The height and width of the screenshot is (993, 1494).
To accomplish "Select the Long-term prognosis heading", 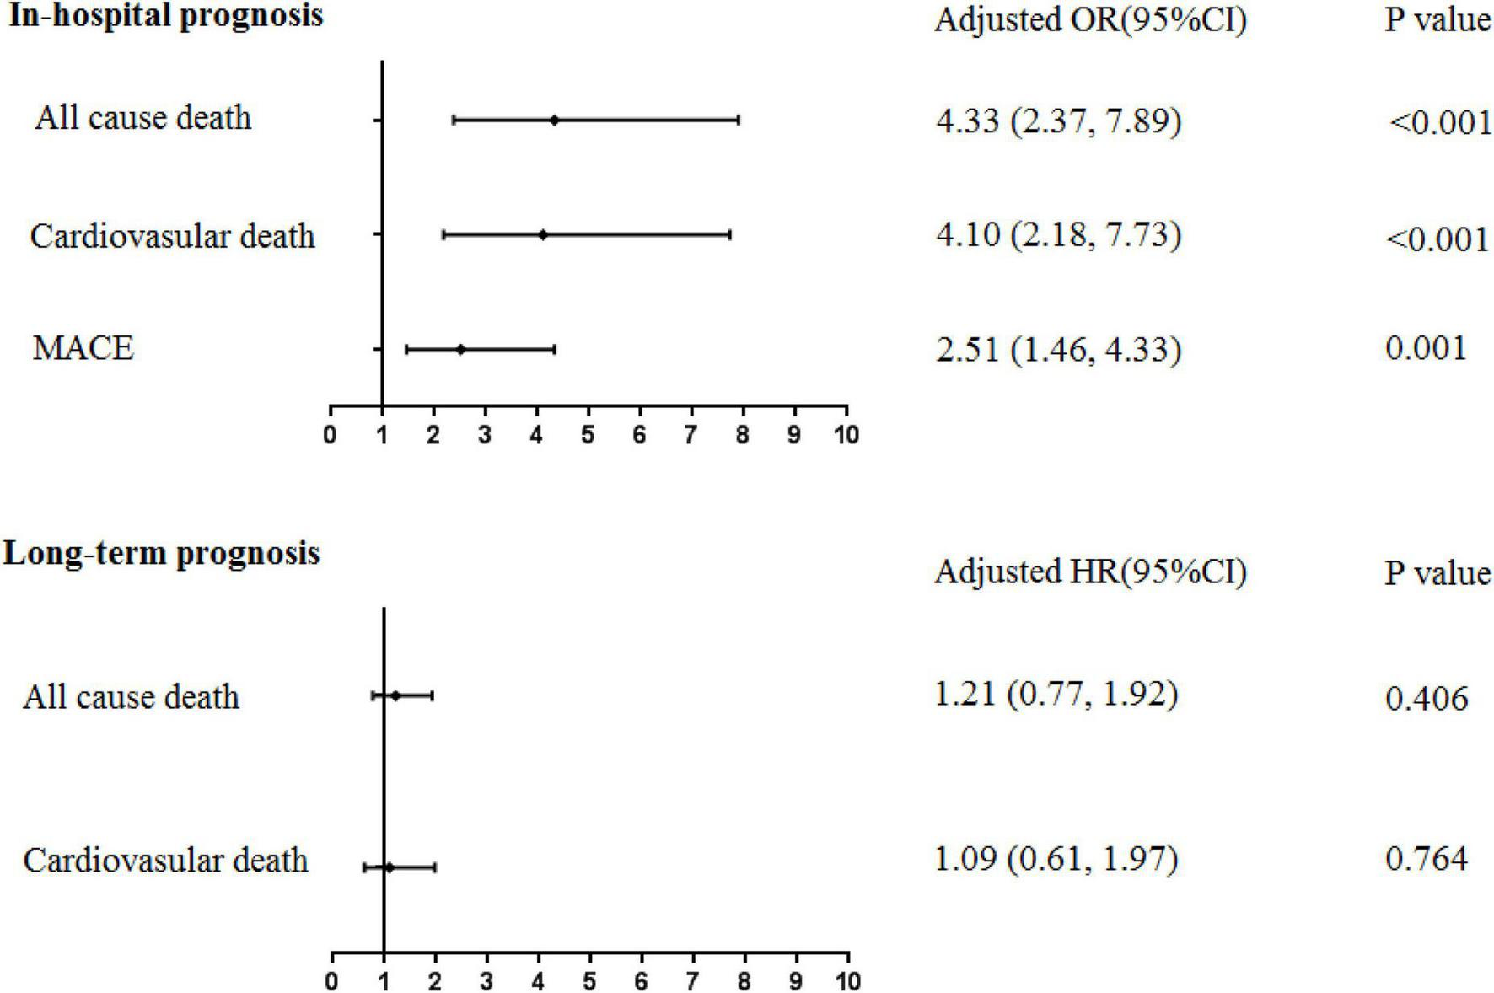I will (162, 554).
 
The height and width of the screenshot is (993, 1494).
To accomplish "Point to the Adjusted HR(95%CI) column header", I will (1090, 572).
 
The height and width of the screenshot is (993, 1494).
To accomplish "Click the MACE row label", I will (83, 347).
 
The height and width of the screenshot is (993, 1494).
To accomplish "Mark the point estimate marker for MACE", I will (460, 349).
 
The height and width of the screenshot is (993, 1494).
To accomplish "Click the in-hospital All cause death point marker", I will (554, 120).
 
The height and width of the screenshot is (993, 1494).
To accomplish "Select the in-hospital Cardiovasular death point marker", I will (542, 234).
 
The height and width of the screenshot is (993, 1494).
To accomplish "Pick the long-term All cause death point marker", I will (395, 695).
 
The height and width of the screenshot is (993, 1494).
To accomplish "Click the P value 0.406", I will (1427, 698).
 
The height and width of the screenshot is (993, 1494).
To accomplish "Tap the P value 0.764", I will (1427, 859).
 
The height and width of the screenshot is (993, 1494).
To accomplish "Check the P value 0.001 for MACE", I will (1427, 347).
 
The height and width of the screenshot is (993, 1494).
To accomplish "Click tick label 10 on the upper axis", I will (846, 435).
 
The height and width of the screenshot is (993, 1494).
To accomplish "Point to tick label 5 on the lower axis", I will (590, 981).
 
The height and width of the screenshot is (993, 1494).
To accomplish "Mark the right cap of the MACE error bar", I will (554, 349).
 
